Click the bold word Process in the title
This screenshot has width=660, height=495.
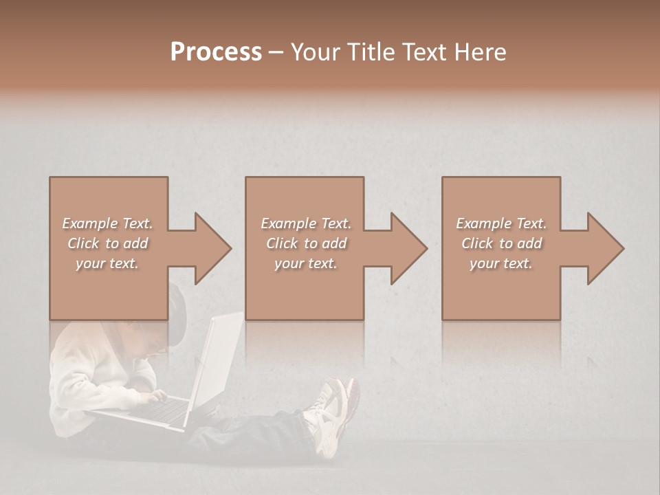click(216, 52)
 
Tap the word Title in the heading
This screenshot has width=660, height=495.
click(371, 52)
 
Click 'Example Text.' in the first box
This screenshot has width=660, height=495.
click(107, 223)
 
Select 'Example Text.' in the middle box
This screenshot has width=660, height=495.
click(305, 223)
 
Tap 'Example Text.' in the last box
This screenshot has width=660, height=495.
click(501, 223)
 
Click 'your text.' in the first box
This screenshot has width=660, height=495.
click(107, 263)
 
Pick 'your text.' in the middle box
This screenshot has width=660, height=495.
click(305, 263)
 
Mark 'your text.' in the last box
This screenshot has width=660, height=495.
click(501, 263)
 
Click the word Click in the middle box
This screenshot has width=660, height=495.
click(281, 243)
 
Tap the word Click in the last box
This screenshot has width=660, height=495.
click(477, 243)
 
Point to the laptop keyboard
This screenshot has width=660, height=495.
click(162, 410)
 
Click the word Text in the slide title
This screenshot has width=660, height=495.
click(422, 52)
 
